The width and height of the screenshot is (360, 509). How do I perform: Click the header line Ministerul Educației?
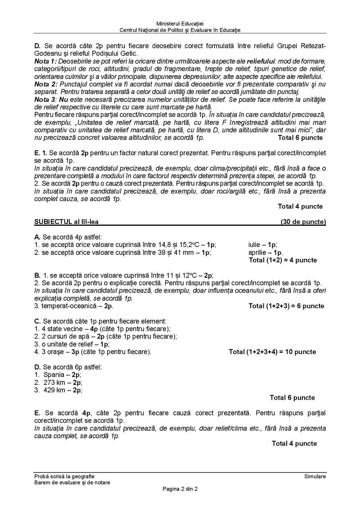[x=180, y=23]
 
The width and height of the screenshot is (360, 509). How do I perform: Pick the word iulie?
[x=255, y=245]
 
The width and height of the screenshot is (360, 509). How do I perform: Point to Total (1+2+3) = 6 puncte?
[x=286, y=306]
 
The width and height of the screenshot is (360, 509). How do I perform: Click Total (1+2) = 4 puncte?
[x=283, y=260]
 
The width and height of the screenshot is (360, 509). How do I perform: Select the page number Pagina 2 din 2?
[x=180, y=489]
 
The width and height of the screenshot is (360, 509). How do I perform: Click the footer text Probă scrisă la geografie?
[x=64, y=476]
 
